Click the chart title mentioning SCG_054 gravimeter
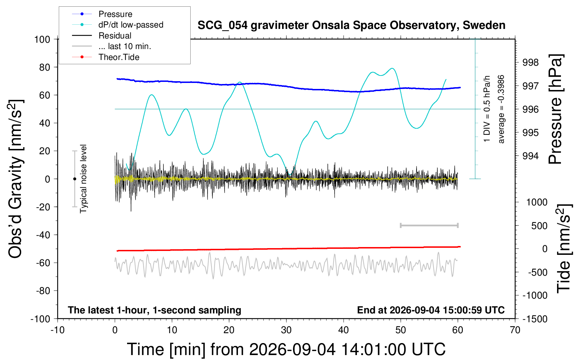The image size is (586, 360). pos(351,25)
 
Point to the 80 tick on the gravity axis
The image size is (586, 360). pos(44,67)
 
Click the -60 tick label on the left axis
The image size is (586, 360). pos(43,263)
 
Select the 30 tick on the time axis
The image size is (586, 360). pos(286,330)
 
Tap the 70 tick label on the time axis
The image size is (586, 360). pos(515,330)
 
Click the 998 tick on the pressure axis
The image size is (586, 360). pos(531,62)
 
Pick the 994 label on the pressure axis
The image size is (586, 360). pos(531,156)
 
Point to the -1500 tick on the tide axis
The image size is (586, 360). pos(535,319)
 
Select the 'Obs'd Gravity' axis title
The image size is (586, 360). pos(15,179)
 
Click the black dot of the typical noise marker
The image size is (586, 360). pos(74,179)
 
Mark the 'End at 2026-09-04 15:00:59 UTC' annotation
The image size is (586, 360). pos(431,310)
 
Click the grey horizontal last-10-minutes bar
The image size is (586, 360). pos(429,225)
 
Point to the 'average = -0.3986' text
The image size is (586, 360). pos(501,109)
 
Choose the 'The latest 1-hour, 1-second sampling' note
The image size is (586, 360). pos(154,310)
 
